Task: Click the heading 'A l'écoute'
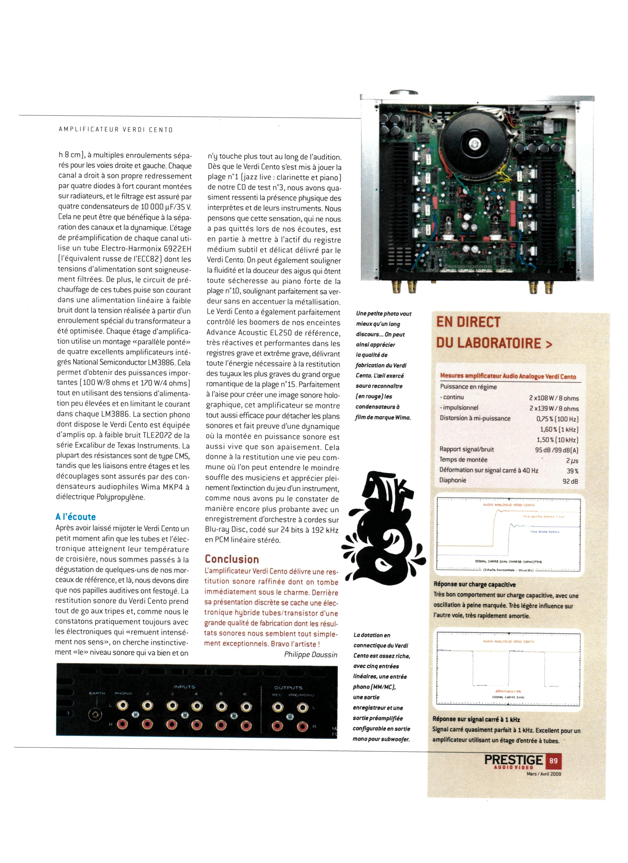click(x=75, y=517)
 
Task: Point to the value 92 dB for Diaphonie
click(x=570, y=481)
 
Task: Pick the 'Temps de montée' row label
click(x=463, y=460)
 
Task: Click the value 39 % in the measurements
click(x=572, y=471)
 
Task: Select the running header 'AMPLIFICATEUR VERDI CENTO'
click(x=116, y=130)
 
